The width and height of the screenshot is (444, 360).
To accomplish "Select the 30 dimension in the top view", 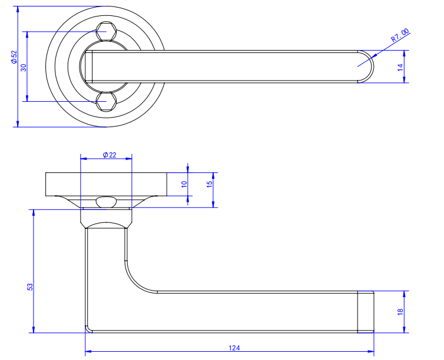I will tap(24, 66).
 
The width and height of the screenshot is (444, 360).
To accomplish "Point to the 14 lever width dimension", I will tap(400, 66).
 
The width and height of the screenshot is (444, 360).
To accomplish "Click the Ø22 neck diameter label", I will tap(109, 155).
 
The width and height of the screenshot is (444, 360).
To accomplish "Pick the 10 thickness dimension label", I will tap(184, 184).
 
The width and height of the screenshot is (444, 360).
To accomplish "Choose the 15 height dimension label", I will tap(209, 184).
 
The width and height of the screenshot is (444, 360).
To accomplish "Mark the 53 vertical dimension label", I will tap(30, 286).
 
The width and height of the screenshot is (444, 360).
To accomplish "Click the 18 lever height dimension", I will tap(400, 312).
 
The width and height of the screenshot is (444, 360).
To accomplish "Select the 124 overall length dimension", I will tap(234, 348).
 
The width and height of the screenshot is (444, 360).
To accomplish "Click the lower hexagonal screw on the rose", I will tap(106, 102).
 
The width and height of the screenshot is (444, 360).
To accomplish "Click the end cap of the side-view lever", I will tap(366, 312).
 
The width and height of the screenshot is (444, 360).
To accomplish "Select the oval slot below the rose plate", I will tap(106, 202).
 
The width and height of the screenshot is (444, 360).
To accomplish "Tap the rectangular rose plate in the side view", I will tap(106, 184).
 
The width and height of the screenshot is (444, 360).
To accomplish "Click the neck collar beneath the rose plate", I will tap(106, 217).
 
